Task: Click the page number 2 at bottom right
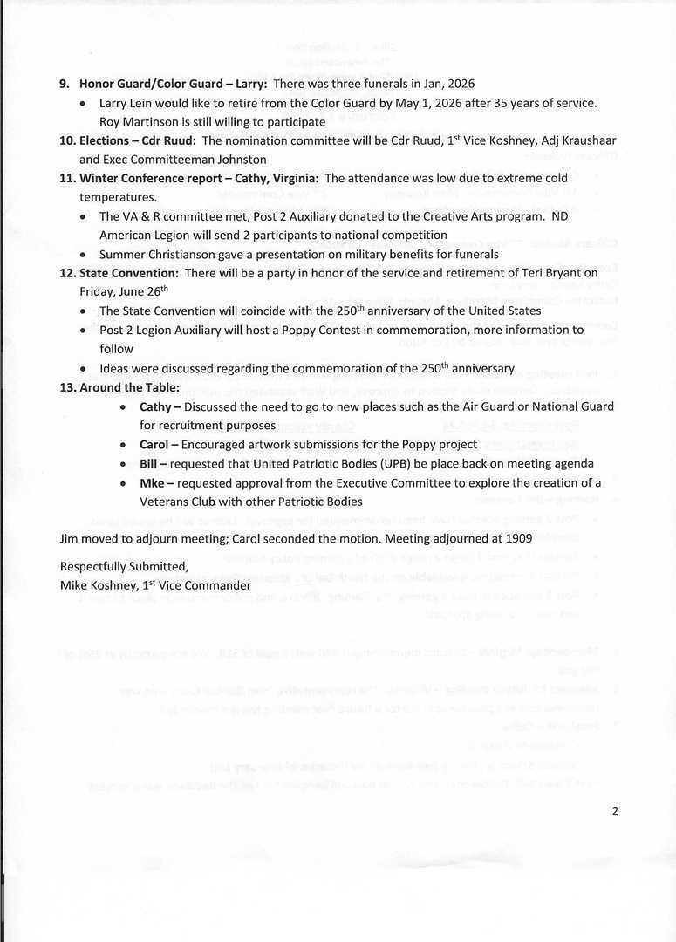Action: click(615, 810)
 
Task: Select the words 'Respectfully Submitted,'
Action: click(123, 567)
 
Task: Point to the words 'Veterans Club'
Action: click(179, 502)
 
